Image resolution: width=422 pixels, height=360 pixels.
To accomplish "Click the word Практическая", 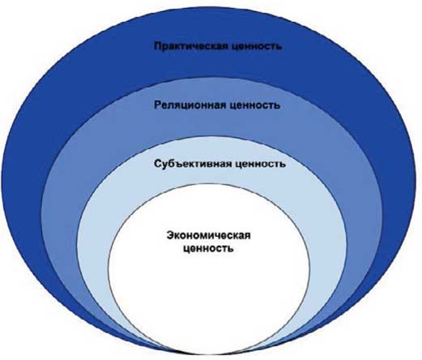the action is pos(191,46).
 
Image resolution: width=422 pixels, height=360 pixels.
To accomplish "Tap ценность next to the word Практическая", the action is pos(257,46).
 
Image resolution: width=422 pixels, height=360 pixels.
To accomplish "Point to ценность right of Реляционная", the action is pos(254,105).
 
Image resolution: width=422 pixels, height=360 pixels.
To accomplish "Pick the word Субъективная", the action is pos(193,164).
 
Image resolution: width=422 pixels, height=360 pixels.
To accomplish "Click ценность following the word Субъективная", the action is pos(261,165).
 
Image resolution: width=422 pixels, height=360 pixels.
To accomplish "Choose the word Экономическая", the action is pos(208,235).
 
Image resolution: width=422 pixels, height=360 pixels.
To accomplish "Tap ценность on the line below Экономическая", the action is pos(208,248).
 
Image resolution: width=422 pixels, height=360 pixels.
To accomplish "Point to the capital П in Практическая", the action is pos(158,46).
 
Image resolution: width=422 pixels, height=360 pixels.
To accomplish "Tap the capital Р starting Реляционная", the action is pos(158,105).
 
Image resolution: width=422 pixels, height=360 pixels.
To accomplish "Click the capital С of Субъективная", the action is pos(158,164).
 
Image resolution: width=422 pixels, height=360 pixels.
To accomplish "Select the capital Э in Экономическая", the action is pos(171,235).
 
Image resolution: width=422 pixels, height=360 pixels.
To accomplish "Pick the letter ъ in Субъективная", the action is pos(180,165).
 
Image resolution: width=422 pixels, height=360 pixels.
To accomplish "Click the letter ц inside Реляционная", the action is pos(186,106).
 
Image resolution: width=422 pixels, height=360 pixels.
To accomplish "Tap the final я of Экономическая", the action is pos(247,236).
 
